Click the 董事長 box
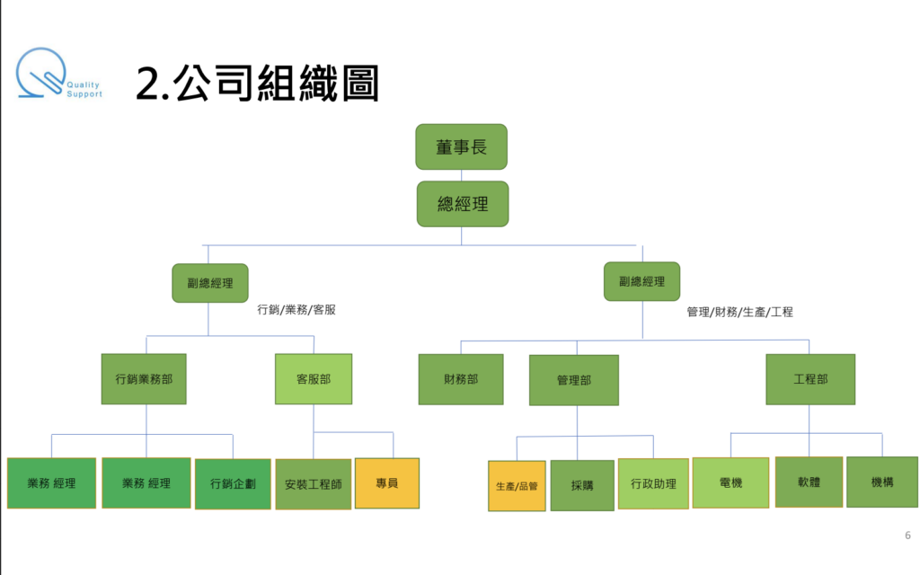[461, 146]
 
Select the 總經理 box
[462, 204]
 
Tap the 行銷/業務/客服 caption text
[296, 310]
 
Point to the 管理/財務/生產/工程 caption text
[739, 313]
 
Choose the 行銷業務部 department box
[144, 378]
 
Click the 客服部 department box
[313, 378]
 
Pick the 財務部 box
[461, 379]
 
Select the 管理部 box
[573, 380]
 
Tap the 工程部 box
[810, 379]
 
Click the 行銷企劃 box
[233, 483]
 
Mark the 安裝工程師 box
[313, 484]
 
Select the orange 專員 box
[387, 482]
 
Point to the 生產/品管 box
[517, 486]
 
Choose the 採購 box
[582, 485]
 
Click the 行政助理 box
[653, 484]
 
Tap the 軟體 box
[809, 482]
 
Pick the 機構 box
[881, 482]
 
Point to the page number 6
[907, 535]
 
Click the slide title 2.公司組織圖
[257, 83]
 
